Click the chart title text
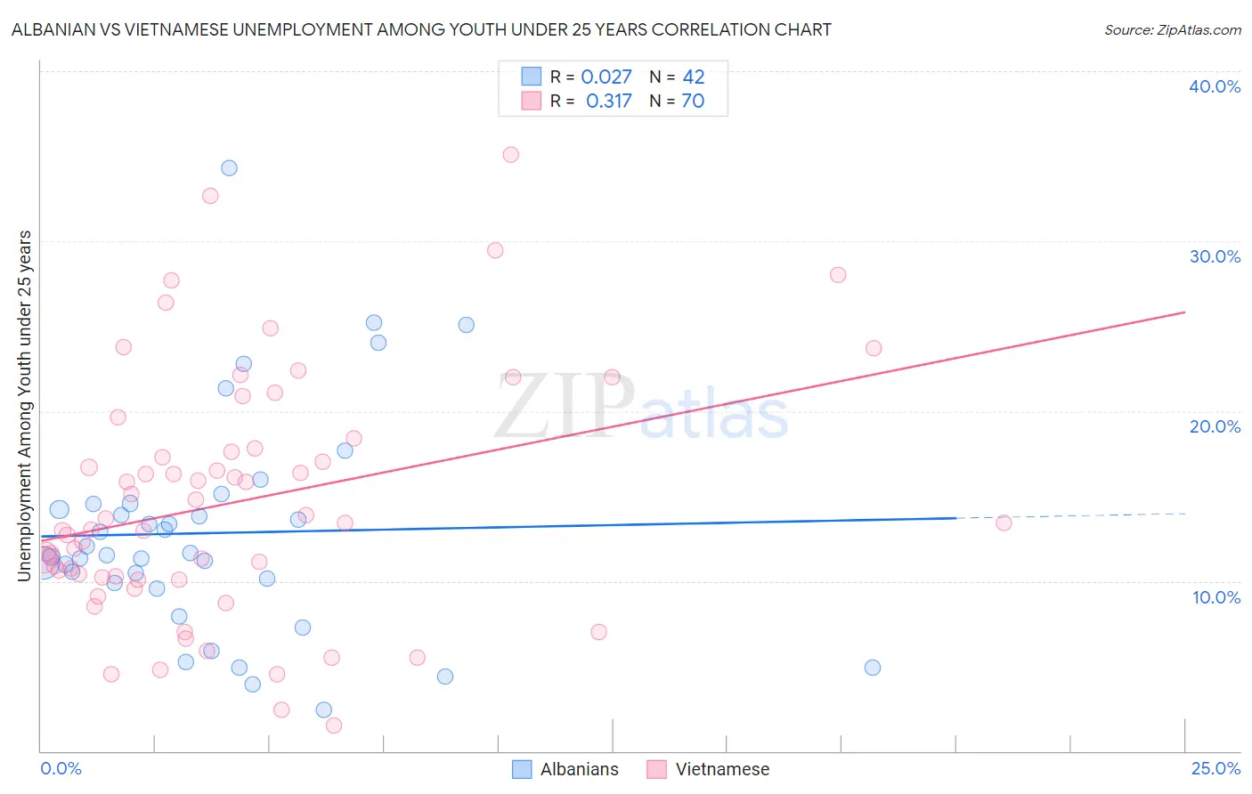[421, 29]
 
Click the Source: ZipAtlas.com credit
[1172, 29]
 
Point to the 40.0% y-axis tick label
[1215, 86]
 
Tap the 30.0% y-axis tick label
[1215, 256]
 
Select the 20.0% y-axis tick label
[1215, 426]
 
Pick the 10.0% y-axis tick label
[1215, 597]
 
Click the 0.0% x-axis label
[61, 768]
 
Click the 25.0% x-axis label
[1215, 768]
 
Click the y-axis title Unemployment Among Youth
[24, 406]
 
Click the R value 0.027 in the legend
[606, 77]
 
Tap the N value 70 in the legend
[693, 101]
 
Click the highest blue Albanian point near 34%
[229, 167]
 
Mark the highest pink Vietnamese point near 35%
[510, 154]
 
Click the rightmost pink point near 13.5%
[1004, 523]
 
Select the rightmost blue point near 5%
[873, 668]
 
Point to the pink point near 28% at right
[838, 274]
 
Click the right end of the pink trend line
[1183, 312]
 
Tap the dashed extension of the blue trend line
[1069, 515]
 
